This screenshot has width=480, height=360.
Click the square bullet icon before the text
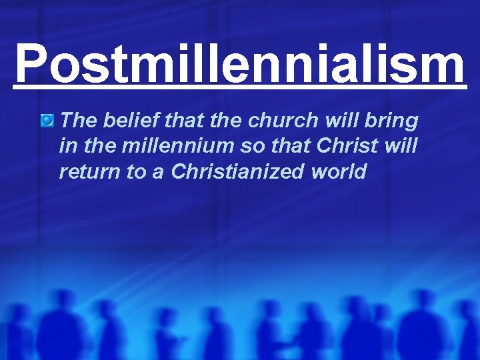(47, 121)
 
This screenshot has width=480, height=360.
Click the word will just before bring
(349, 121)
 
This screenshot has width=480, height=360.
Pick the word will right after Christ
(400, 146)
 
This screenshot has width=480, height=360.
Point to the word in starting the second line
(66, 146)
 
